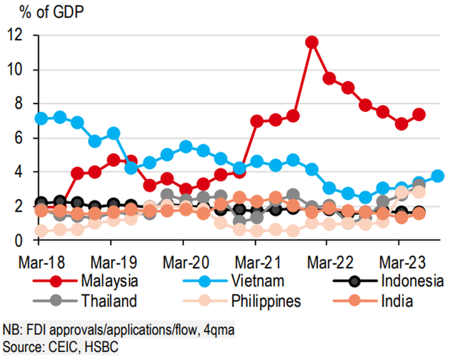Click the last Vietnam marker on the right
pos(438,176)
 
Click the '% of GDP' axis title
pos(44,11)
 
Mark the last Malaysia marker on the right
pos(419,115)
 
